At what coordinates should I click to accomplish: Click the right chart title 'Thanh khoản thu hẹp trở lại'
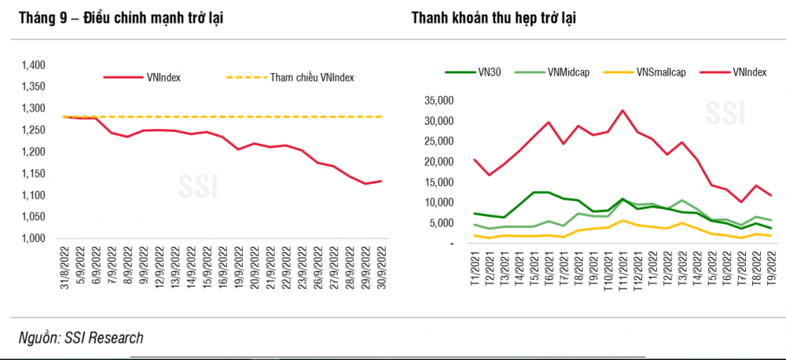494,17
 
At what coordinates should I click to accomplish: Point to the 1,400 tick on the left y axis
34,65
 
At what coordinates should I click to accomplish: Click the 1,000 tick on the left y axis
34,239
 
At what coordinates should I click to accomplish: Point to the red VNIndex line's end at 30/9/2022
381,181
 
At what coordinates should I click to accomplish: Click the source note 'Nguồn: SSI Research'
81,338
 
